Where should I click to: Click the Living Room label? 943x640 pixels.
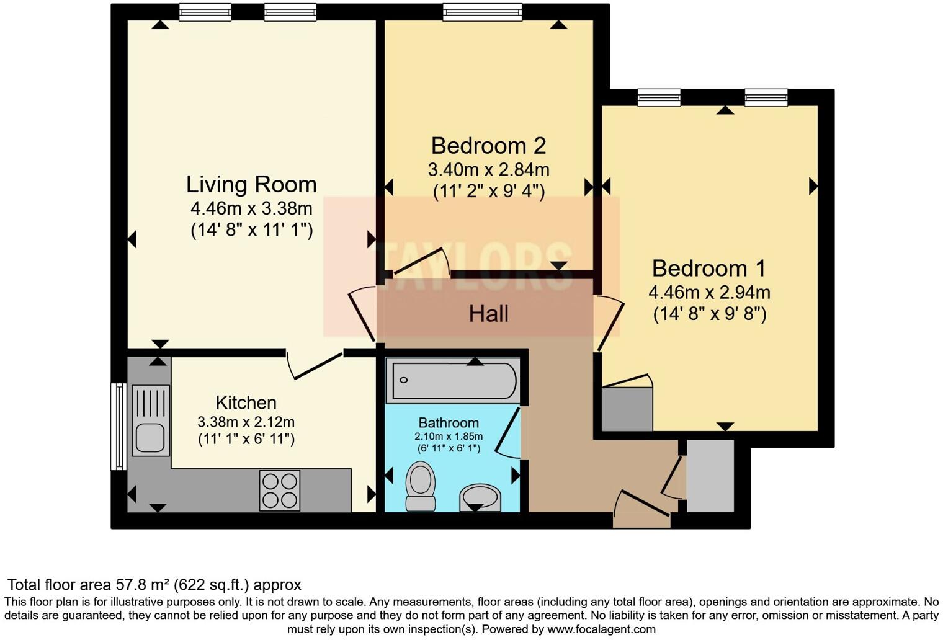point(251,185)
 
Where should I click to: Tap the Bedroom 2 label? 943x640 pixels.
point(488,146)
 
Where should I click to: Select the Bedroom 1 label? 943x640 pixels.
point(708,269)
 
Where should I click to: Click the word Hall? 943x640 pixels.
point(488,314)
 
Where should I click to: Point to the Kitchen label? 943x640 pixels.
point(246,402)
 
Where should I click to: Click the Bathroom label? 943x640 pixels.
point(448,423)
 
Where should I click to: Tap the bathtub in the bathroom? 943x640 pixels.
point(452,380)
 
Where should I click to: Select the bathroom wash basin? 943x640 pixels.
point(480,497)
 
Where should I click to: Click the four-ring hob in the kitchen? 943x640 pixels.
point(279,491)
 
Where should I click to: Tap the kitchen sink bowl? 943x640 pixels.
point(150,437)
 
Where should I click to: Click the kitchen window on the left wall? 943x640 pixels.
point(117,426)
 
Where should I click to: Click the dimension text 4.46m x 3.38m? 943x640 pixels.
point(251,208)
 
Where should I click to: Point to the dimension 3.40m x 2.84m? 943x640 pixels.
point(488,169)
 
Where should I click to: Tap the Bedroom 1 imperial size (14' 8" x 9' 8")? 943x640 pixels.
point(709,314)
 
